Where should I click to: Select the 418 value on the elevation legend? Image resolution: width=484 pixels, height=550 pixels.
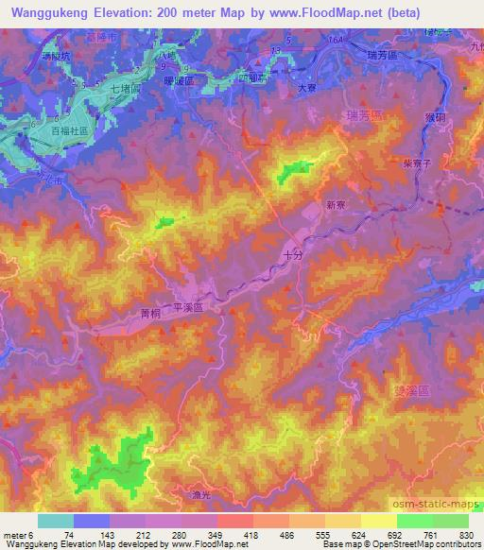(233, 535)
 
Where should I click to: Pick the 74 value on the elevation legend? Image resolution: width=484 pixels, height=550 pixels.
(70, 535)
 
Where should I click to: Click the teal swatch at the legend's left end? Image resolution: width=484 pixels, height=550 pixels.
(54, 521)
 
